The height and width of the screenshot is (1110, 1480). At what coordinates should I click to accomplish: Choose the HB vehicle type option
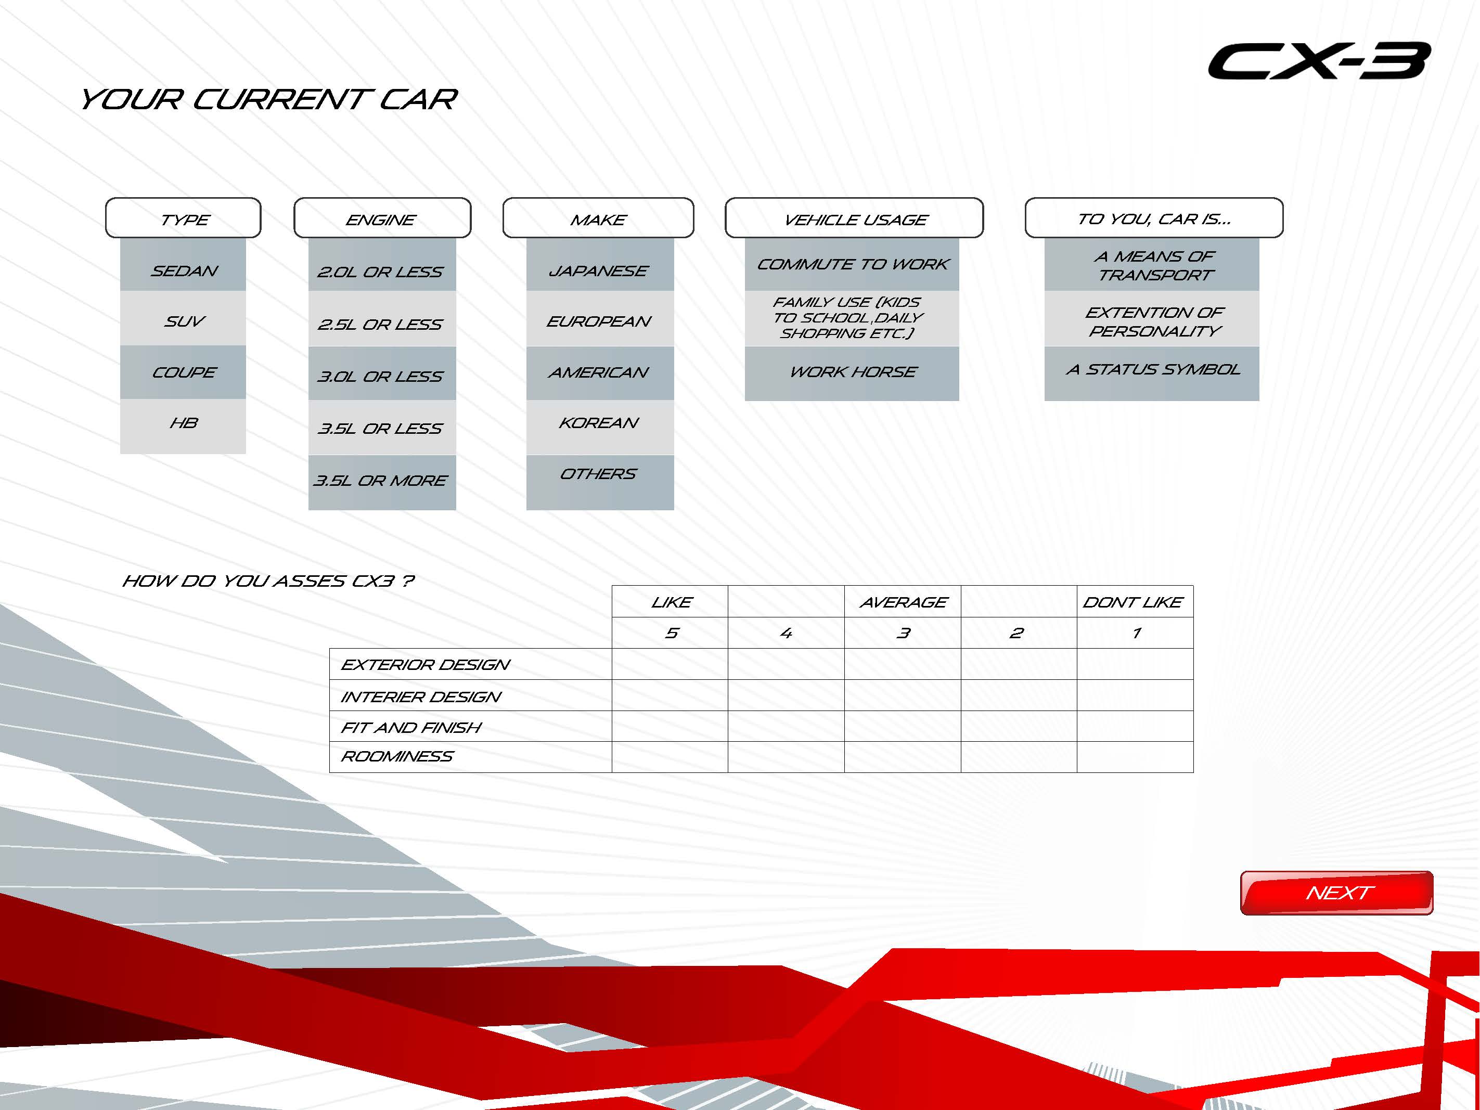coord(183,426)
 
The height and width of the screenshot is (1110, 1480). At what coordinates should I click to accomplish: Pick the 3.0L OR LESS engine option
coord(382,373)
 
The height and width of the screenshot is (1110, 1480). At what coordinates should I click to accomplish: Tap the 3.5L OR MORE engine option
coord(382,482)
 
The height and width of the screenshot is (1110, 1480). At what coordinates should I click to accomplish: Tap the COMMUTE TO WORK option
coord(852,264)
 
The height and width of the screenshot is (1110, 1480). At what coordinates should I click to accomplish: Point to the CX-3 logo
coord(1319,61)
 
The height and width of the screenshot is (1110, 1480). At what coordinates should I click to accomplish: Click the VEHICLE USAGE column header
coord(854,217)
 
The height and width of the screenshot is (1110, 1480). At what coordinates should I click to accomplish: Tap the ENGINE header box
coord(382,217)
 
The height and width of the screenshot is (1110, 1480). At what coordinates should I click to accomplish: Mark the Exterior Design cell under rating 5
coord(670,664)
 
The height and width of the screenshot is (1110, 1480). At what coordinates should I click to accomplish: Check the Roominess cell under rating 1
coord(1135,757)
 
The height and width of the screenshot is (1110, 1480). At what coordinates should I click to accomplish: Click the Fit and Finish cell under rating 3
coord(903,726)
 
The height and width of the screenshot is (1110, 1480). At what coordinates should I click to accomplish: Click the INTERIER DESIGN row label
coord(421,696)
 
